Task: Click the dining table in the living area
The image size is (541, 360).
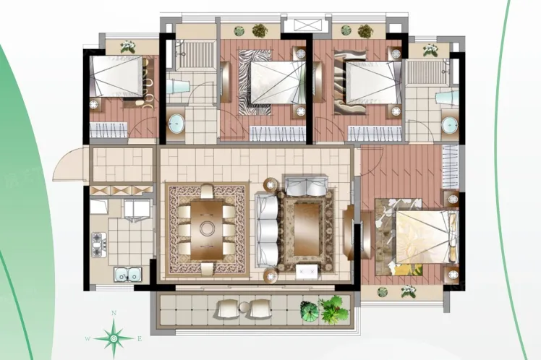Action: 207,230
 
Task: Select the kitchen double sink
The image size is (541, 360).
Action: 128,274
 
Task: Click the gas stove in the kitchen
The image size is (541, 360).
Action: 99,244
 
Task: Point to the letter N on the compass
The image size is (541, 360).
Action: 114,313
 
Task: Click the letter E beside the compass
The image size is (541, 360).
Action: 140,338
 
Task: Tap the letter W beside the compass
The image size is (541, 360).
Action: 88,338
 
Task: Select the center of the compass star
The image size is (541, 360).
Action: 114,338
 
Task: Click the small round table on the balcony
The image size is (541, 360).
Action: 244,307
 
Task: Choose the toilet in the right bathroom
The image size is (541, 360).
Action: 447,98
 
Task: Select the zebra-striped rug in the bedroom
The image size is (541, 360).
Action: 255,82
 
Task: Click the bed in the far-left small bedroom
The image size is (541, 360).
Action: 116,76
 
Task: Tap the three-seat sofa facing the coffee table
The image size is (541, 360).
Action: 267,230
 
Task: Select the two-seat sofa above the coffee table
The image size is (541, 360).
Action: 306,185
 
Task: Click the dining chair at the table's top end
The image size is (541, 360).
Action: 207,192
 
